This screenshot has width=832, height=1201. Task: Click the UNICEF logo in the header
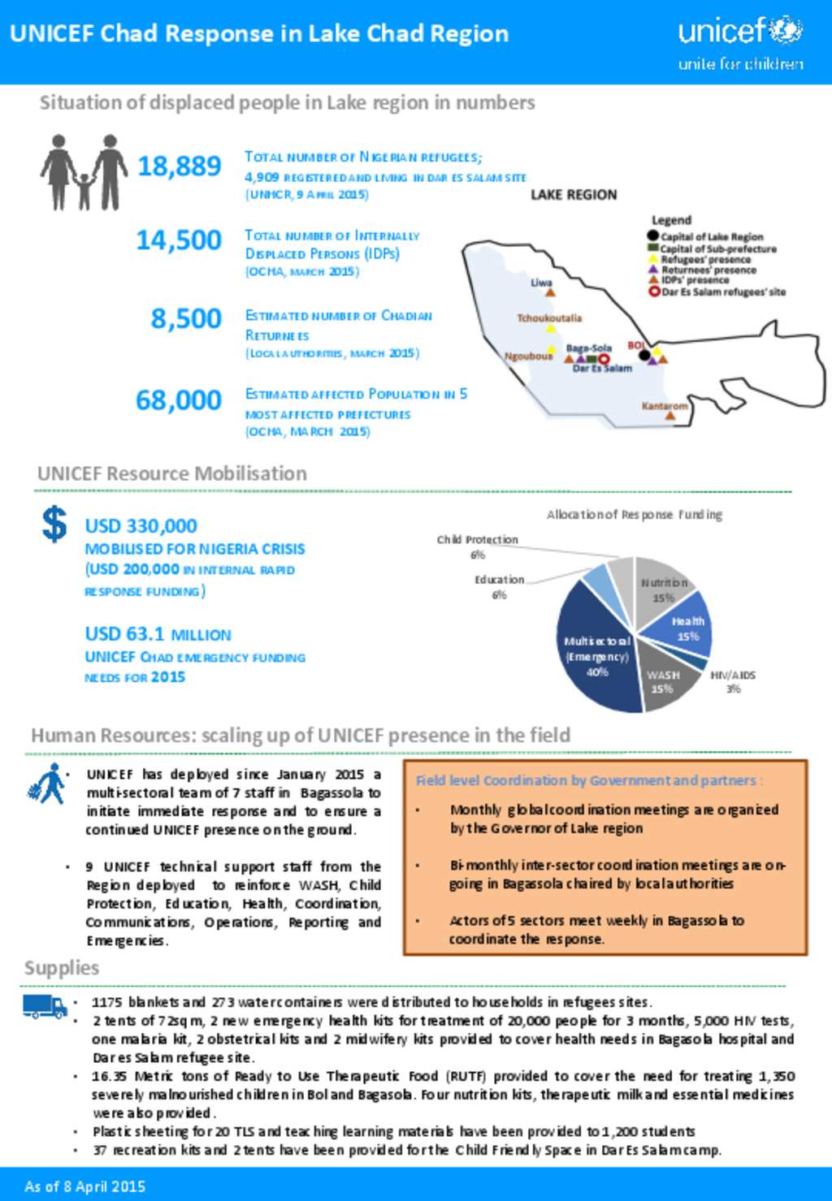(740, 41)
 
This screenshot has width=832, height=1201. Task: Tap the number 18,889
(179, 166)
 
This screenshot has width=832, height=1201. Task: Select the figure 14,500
(179, 240)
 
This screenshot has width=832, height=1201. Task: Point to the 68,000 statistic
(179, 400)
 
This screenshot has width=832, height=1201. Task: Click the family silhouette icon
(84, 172)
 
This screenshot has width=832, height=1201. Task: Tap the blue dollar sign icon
(54, 524)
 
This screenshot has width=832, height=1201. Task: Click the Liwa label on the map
(541, 283)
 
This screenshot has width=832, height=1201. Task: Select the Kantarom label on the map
(664, 406)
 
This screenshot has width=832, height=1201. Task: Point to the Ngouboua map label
(528, 356)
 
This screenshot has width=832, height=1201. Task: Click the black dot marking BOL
(644, 355)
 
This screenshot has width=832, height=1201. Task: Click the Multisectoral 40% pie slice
(597, 655)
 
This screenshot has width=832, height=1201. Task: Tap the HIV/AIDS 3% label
(733, 681)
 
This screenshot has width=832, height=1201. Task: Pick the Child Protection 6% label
(477, 546)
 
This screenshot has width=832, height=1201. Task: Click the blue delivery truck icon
(45, 1006)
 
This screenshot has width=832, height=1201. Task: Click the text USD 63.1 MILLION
(158, 634)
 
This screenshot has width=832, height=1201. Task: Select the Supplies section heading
(62, 968)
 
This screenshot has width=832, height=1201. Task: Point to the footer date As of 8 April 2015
(84, 1186)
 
